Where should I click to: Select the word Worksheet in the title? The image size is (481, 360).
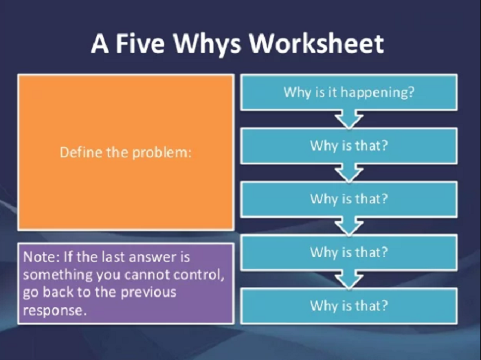[x=316, y=43]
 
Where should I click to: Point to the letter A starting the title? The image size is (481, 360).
[x=100, y=43]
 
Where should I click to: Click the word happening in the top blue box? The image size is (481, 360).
[x=377, y=92]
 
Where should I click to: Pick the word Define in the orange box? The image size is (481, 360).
[x=81, y=152]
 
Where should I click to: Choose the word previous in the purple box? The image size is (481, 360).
[x=148, y=293]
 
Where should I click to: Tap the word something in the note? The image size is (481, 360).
[x=58, y=275]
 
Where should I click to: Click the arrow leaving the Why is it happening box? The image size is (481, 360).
[x=349, y=119]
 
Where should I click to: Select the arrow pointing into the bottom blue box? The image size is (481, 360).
[x=349, y=280]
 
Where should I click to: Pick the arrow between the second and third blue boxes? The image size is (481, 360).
[x=349, y=172]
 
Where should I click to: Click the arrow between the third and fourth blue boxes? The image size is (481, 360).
[x=349, y=226]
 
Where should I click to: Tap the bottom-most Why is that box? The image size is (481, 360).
[x=349, y=306]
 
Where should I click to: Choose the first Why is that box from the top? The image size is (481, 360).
[x=349, y=146]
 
